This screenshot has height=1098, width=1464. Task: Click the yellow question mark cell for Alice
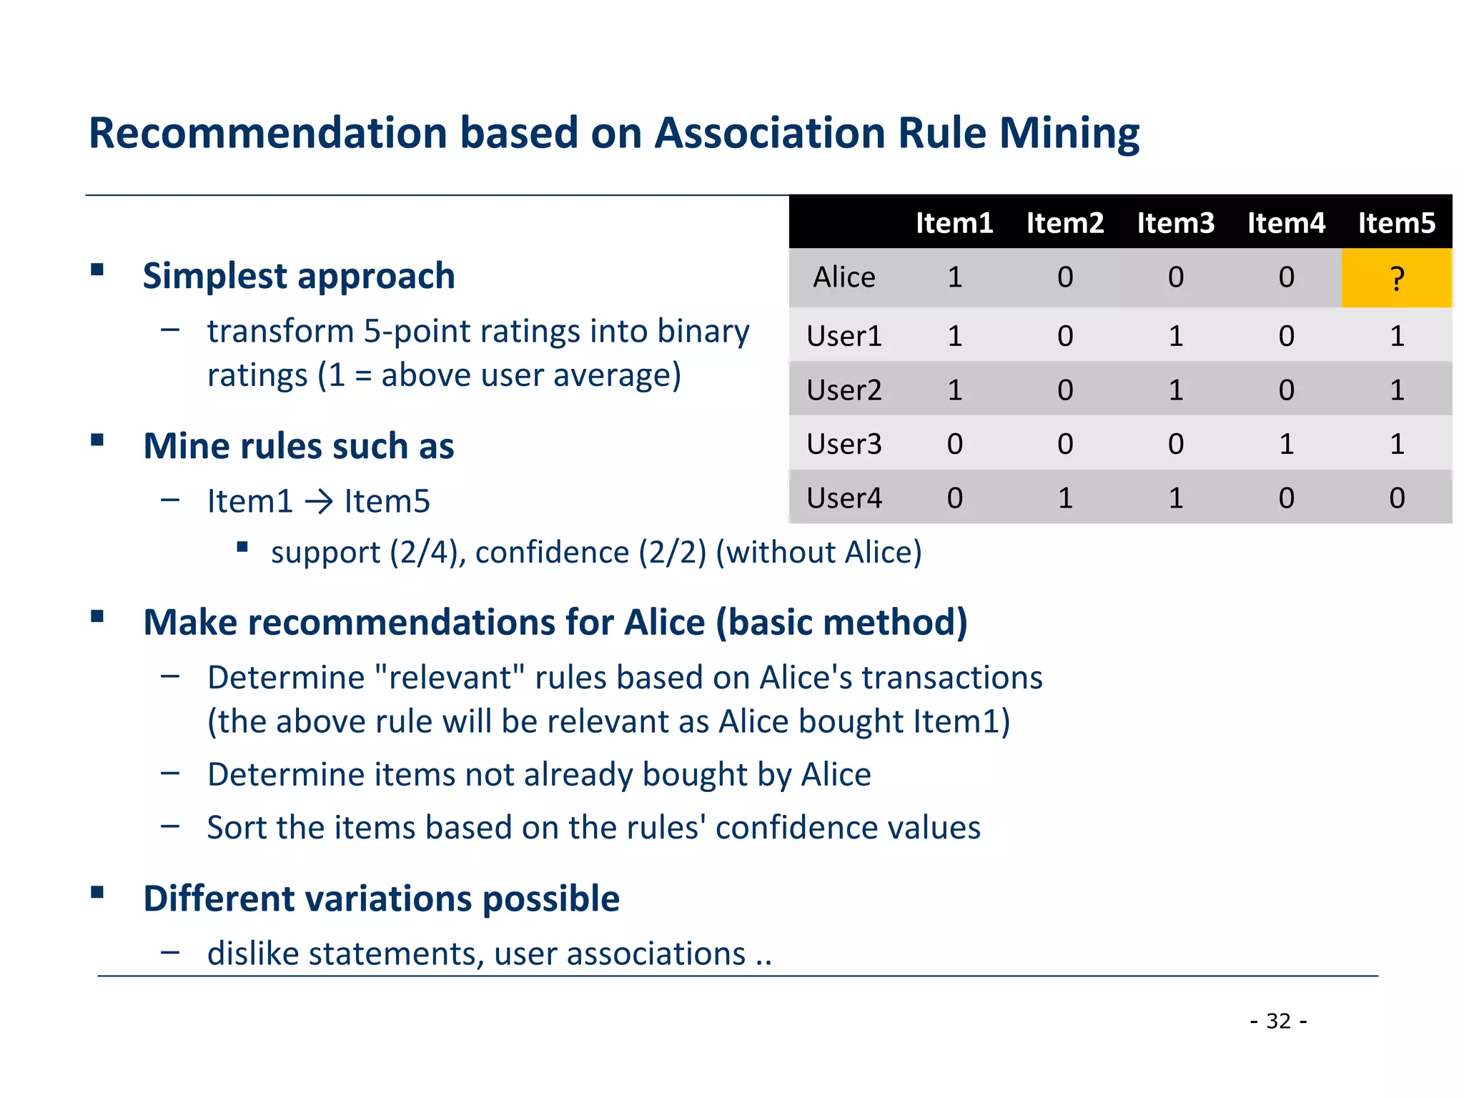click(1396, 278)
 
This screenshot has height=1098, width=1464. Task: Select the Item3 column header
click(1175, 223)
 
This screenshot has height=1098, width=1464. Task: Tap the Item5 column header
click(1396, 223)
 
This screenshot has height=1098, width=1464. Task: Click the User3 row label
click(844, 444)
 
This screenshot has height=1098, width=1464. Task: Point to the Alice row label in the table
click(844, 277)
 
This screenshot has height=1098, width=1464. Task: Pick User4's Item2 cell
click(1065, 498)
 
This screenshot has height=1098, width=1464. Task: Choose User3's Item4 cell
click(1286, 444)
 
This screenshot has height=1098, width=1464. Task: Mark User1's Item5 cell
click(1397, 336)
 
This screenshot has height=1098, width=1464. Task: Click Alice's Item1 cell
click(954, 277)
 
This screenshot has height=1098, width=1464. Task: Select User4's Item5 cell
click(1397, 498)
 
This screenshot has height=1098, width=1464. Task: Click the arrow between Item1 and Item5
click(319, 502)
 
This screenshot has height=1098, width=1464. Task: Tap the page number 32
click(1278, 1021)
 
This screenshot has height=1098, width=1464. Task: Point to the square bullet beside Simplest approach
click(97, 269)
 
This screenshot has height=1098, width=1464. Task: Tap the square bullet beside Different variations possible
click(97, 892)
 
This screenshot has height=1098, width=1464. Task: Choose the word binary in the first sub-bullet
click(703, 332)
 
